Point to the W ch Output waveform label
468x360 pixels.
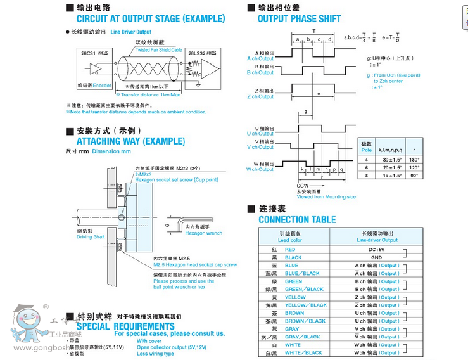(260, 169)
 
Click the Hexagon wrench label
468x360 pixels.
(203, 233)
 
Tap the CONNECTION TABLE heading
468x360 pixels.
(297, 220)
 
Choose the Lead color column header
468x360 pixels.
(290, 240)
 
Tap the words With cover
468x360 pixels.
(149, 340)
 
